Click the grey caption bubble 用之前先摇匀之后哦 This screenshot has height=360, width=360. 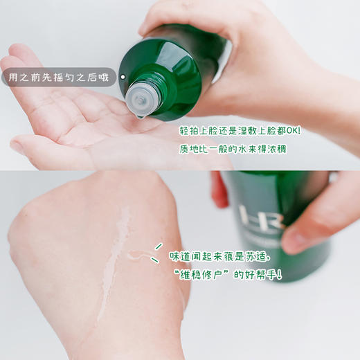59,77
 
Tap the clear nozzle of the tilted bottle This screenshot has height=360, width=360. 141,96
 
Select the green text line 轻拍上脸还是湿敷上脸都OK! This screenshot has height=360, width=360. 236,130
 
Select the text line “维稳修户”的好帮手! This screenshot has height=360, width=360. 228,276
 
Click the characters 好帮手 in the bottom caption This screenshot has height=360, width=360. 260,276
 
